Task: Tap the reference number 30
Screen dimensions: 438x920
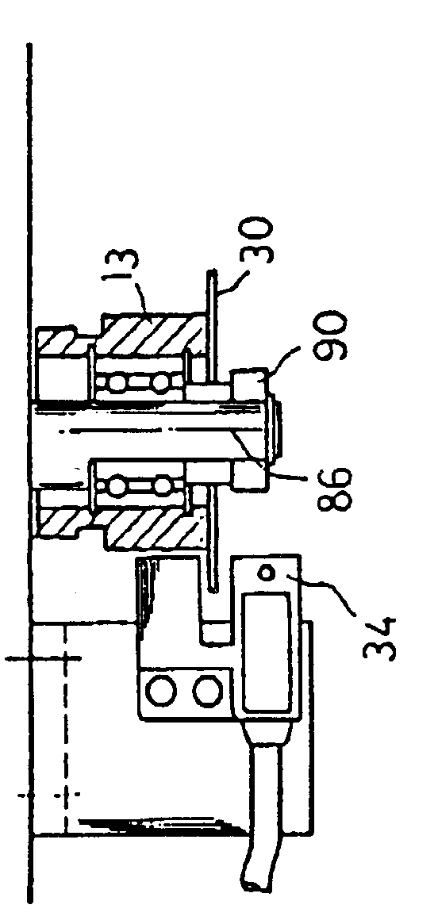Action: [255, 240]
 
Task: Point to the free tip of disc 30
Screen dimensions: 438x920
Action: [212, 271]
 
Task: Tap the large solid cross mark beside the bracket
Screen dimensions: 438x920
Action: [44, 659]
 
